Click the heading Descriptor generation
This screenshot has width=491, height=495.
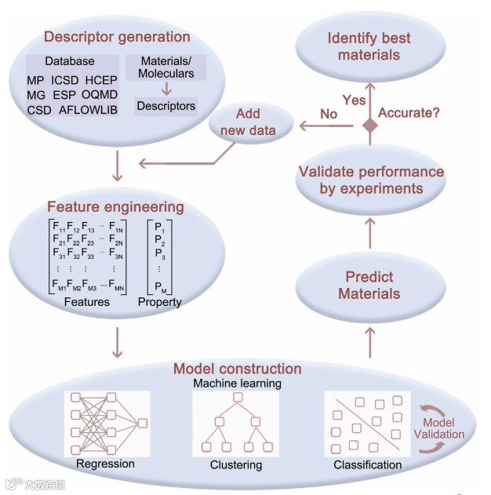[x=117, y=36]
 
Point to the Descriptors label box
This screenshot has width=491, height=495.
[x=165, y=105]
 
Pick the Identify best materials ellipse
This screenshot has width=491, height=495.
[x=368, y=46]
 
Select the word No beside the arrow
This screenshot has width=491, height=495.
[x=329, y=115]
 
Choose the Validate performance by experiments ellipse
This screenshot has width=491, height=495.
[x=370, y=180]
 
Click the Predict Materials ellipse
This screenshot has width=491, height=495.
[x=369, y=285]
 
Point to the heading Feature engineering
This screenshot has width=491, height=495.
[x=115, y=207]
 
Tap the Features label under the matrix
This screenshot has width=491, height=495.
[x=86, y=301]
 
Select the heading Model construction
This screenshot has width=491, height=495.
[x=237, y=369]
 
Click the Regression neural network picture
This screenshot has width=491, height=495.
[x=107, y=423]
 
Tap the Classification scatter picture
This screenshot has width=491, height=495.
[x=366, y=424]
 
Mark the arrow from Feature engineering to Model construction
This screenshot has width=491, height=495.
[x=117, y=340]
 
